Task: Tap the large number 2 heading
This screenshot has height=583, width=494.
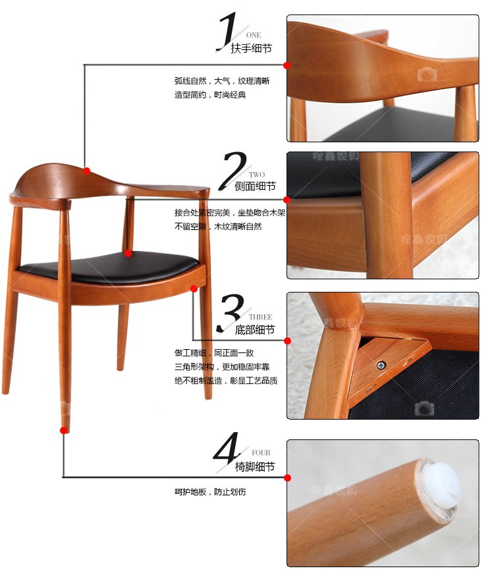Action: [x=233, y=171]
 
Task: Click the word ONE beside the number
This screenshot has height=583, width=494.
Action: [x=254, y=36]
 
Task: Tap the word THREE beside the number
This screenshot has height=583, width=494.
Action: [x=261, y=317]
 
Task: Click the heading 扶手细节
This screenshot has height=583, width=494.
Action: [x=251, y=48]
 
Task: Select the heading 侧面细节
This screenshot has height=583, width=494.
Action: [x=255, y=186]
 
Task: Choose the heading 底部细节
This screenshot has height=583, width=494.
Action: [x=255, y=329]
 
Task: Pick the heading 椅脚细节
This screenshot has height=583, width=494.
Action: [x=255, y=466]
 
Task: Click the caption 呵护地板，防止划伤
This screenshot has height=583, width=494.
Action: [x=210, y=492]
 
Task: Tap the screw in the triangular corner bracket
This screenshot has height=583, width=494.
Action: [x=381, y=366]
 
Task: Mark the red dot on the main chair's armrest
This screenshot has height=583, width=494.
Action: [x=86, y=171]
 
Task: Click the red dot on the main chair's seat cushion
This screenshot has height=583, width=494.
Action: [x=128, y=253]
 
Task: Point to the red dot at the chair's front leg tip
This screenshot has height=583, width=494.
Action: [x=64, y=430]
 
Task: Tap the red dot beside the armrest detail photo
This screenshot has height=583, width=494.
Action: [x=287, y=65]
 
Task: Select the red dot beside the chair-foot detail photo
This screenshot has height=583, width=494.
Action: [x=287, y=478]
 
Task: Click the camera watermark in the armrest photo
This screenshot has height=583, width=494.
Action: [x=427, y=74]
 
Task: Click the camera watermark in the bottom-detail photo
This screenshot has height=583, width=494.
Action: [x=424, y=409]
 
